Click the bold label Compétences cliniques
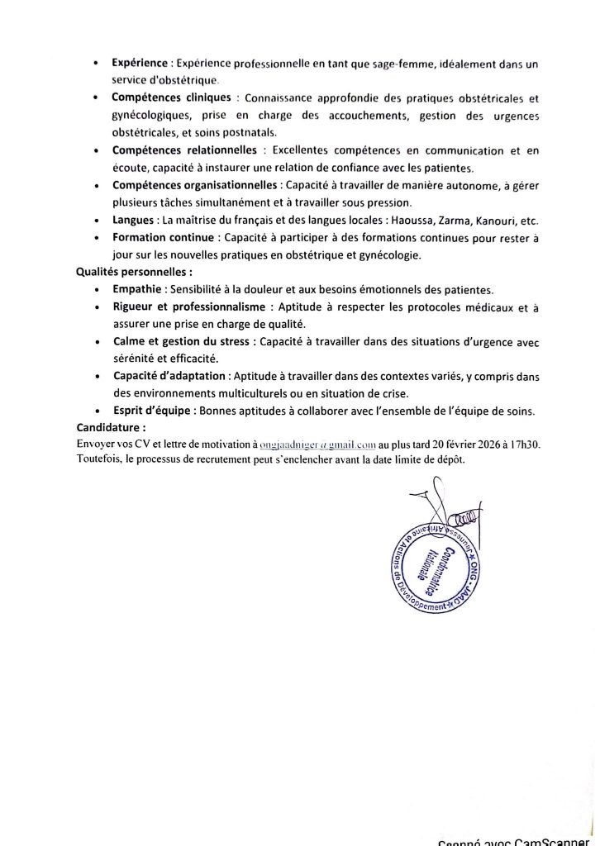172,97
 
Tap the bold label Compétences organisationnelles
195,185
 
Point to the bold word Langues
133,220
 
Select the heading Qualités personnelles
133,272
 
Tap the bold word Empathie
138,289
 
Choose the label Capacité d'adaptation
169,376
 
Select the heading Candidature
111,428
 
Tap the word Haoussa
420,220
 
